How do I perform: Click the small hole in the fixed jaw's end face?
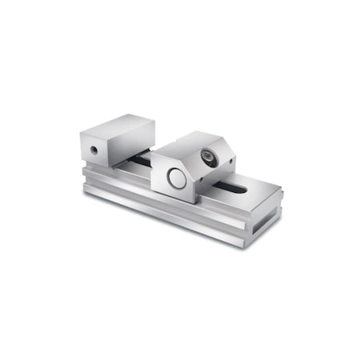95,150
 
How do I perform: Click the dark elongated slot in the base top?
240,189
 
